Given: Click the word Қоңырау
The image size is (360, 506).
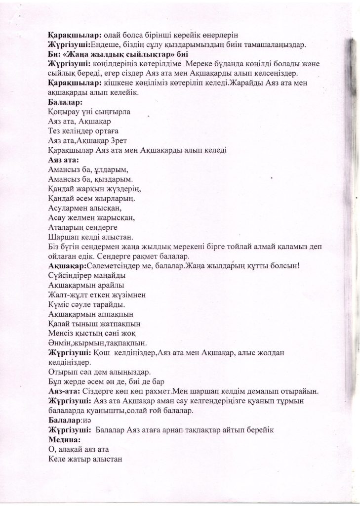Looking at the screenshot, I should pyautogui.click(x=65, y=112).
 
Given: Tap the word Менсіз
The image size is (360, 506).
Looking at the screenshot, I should pyautogui.click(x=62, y=334).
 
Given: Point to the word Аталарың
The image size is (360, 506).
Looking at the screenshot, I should pyautogui.click(x=70, y=228).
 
